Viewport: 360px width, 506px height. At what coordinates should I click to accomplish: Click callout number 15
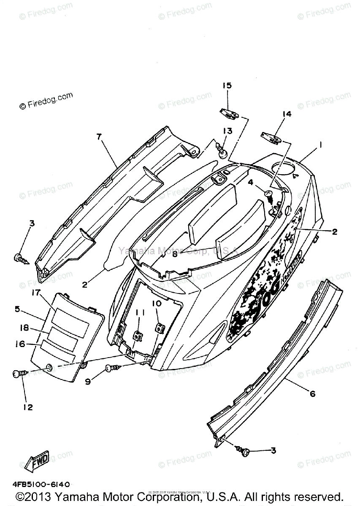[x=227, y=86]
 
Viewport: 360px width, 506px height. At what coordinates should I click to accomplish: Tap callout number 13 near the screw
[x=227, y=131]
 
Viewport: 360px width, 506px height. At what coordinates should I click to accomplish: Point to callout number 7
[x=99, y=136]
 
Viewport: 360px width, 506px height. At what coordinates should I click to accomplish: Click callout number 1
[x=321, y=145]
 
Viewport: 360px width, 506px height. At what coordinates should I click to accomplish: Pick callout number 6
[x=313, y=394]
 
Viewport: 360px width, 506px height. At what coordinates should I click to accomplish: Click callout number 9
[x=87, y=382]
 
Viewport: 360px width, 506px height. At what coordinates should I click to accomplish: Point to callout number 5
[x=17, y=309]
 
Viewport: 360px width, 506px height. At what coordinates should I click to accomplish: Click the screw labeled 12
[x=19, y=373]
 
